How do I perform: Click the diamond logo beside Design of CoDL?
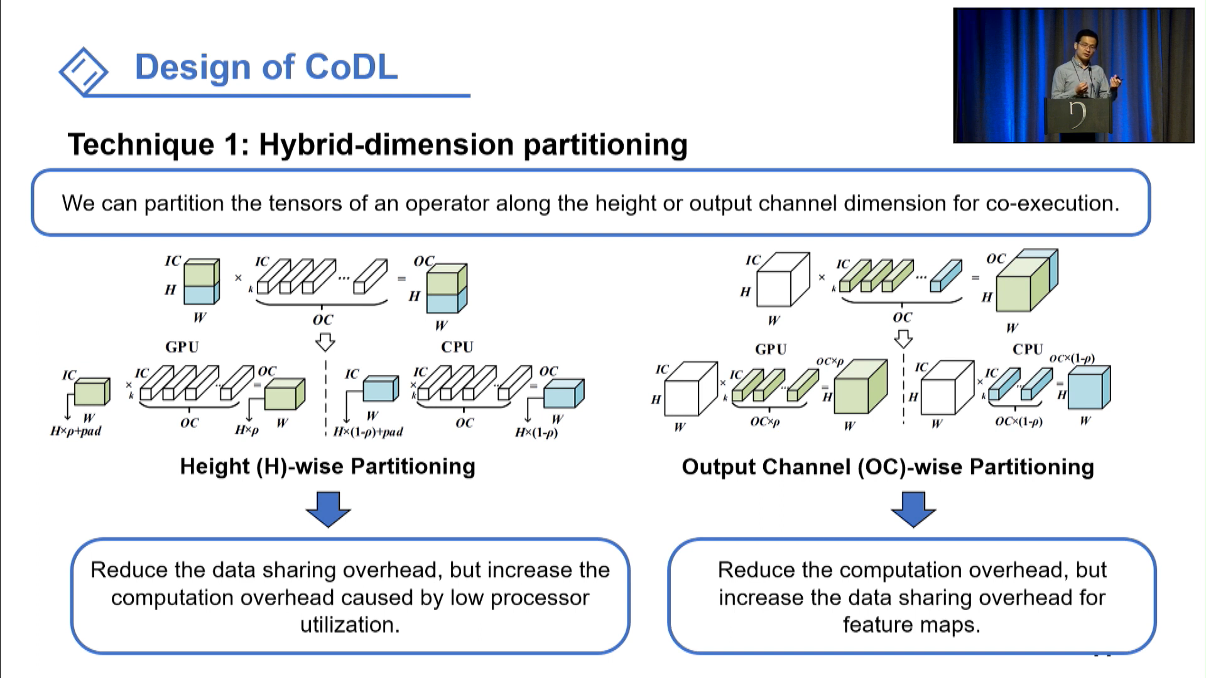84,71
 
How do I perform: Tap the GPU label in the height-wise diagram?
182,347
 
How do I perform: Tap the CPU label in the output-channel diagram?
1028,349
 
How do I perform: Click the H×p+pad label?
75,431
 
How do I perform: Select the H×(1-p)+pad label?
368,432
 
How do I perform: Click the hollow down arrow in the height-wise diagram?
325,343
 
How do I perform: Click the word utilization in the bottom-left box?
350,625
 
